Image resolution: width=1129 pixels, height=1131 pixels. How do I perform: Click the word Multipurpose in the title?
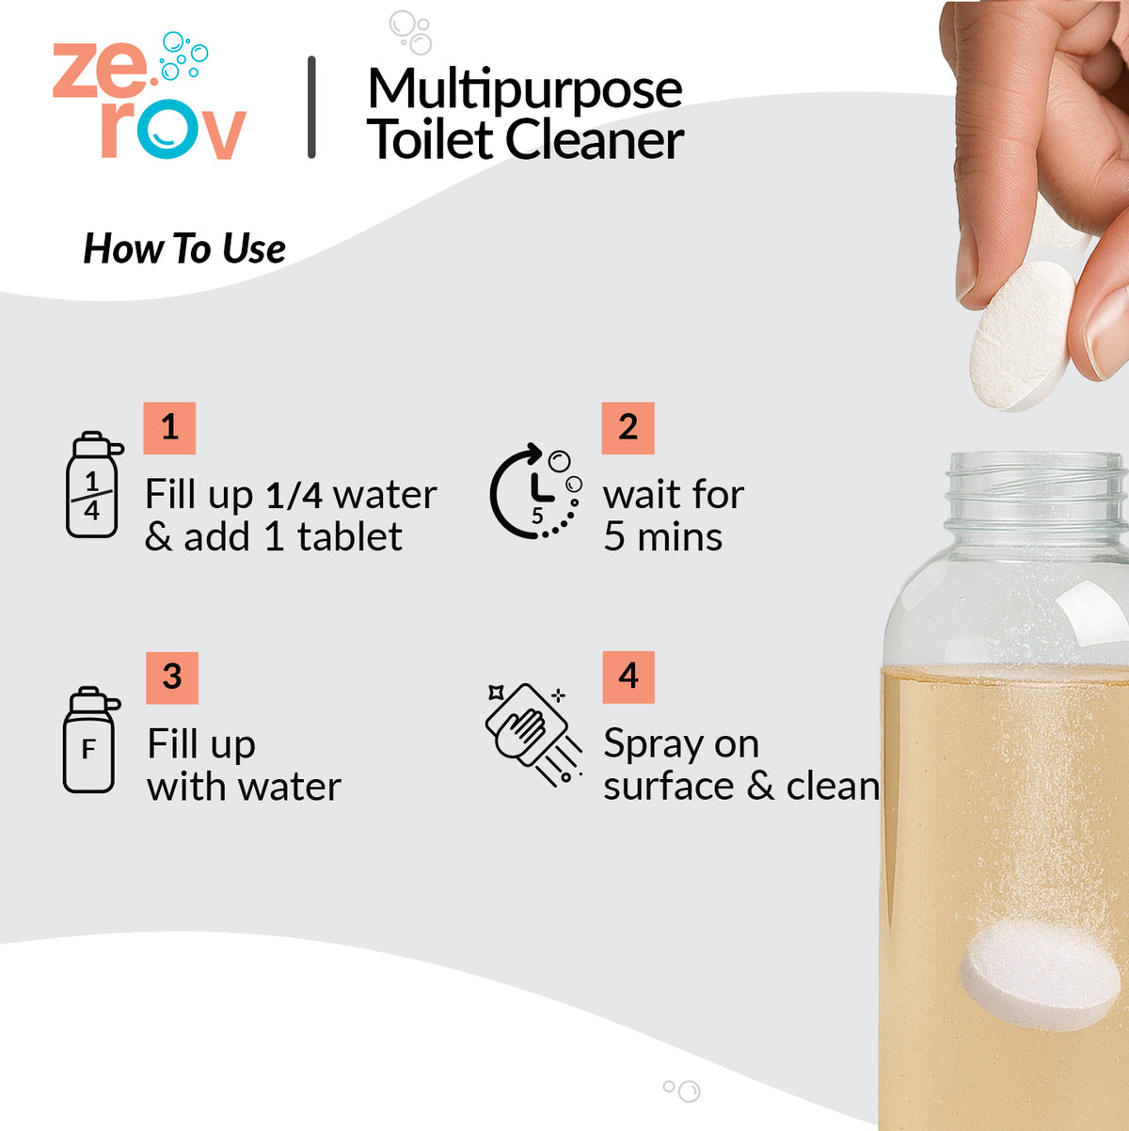[x=524, y=89]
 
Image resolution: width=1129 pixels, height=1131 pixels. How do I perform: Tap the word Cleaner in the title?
[x=594, y=141]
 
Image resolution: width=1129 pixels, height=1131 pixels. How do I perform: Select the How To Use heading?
[x=184, y=249]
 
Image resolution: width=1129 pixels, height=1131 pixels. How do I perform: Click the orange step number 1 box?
[x=169, y=428]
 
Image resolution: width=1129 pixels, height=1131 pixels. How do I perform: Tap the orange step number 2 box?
[x=628, y=428]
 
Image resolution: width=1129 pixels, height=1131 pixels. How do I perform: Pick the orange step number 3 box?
[x=172, y=677]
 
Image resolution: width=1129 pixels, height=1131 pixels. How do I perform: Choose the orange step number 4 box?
[x=628, y=677]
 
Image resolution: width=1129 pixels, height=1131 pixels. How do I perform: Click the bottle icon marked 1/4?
[x=93, y=486]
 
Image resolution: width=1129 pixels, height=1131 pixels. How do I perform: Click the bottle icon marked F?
[x=90, y=741]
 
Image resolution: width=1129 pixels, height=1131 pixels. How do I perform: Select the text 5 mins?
[x=662, y=537]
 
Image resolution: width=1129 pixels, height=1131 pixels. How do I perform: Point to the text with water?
[x=244, y=787]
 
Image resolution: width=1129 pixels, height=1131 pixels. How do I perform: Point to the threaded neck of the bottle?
[x=1035, y=489]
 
